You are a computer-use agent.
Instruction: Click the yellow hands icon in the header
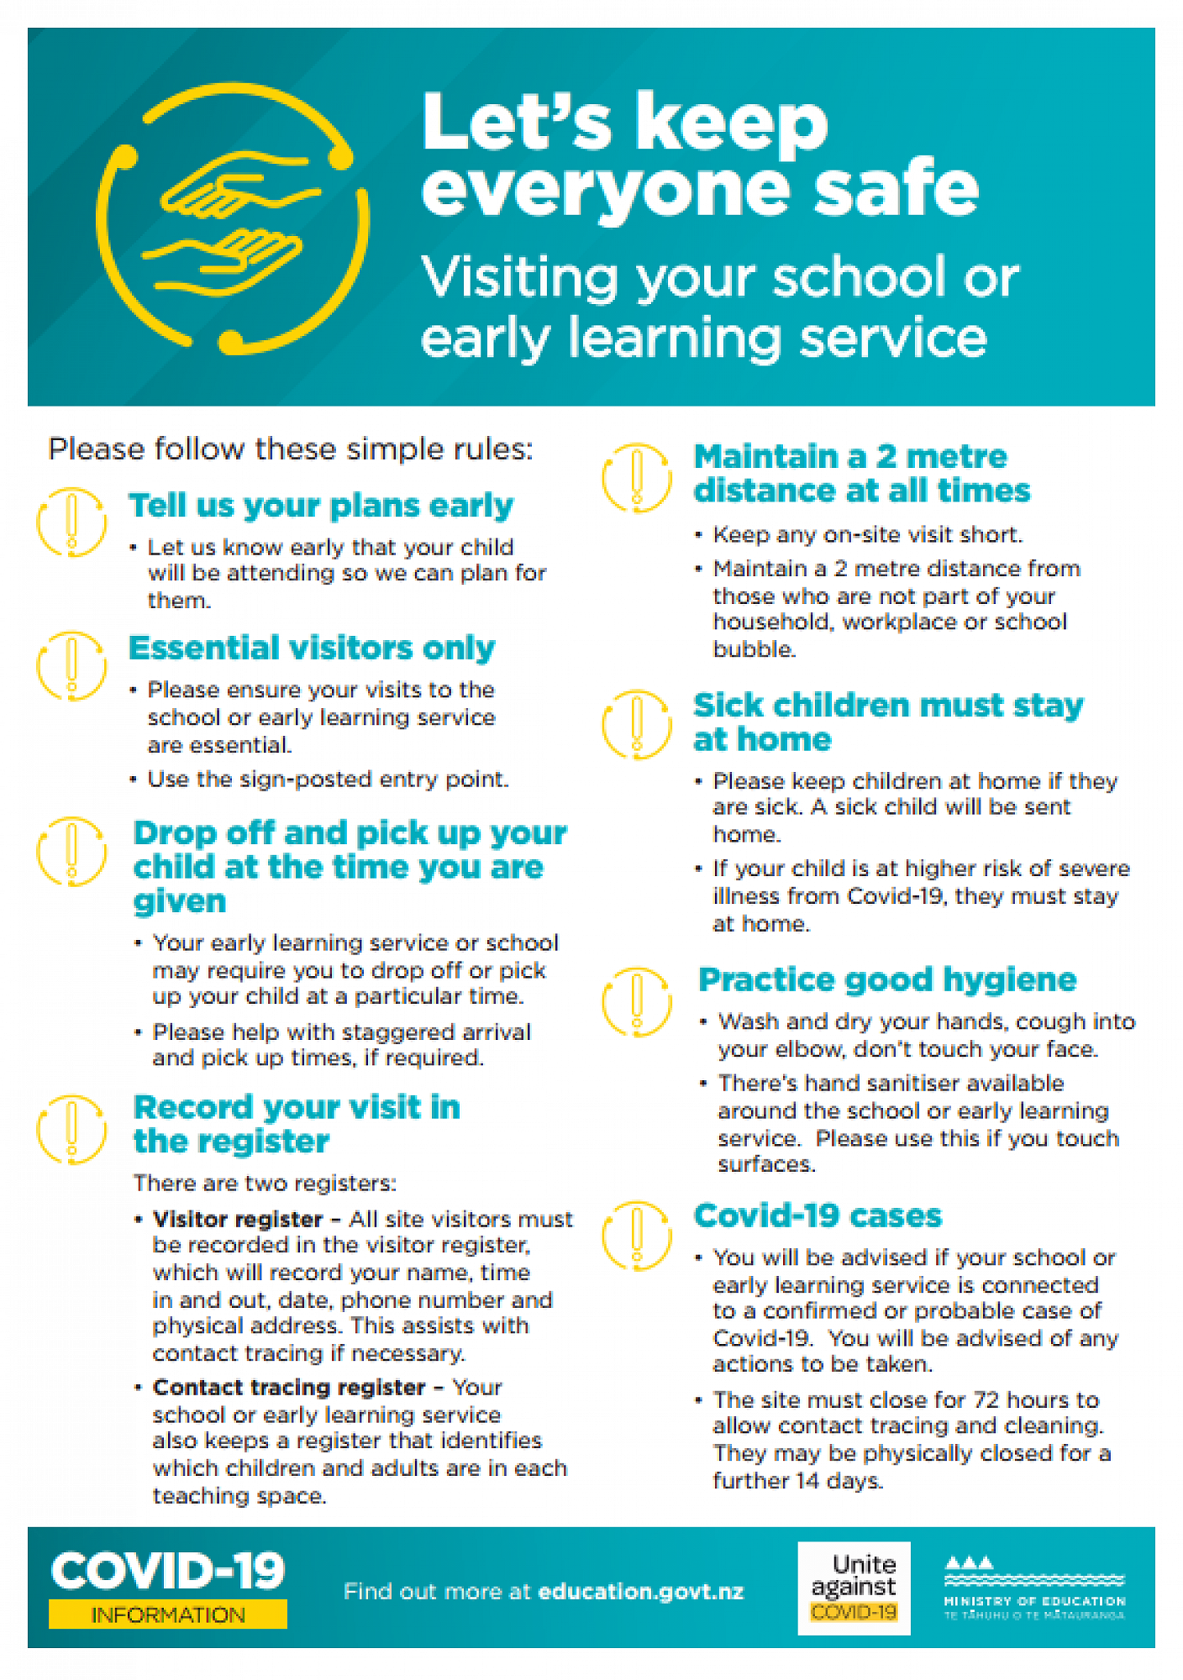coord(232,218)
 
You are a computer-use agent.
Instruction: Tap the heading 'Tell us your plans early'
coord(320,506)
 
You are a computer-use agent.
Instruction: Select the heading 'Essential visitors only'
coord(312,648)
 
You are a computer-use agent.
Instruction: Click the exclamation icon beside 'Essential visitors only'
coord(71,666)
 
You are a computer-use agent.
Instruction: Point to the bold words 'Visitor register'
coord(238,1219)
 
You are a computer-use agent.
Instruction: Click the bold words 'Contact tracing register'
coord(289,1387)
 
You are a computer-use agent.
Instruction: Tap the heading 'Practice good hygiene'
coord(887,979)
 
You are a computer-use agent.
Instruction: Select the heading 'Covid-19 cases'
coord(818,1215)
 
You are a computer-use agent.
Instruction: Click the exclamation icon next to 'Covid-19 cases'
coord(637,1235)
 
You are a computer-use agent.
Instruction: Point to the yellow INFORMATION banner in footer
coord(168,1614)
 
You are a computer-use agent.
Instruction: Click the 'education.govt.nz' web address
coord(640,1591)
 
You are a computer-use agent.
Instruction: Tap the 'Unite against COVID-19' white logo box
coord(854,1588)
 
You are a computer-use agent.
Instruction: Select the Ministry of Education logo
coord(1034,1588)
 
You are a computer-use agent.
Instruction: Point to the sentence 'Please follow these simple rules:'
coord(291,449)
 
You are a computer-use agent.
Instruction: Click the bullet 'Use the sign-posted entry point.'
coord(328,780)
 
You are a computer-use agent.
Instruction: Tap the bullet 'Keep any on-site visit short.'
coord(867,535)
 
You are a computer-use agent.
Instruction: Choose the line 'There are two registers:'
coord(265,1183)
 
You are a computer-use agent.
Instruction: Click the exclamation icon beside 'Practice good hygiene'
coord(637,1000)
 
